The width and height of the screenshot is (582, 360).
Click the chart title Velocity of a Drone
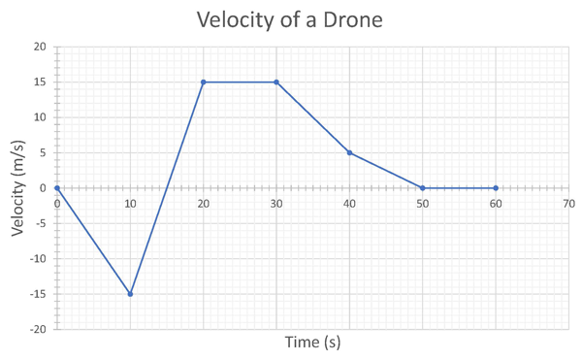tap(290, 19)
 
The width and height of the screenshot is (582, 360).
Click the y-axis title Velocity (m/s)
tap(18, 187)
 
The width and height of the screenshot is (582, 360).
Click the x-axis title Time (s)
tap(312, 342)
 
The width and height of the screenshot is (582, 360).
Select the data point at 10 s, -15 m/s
tap(130, 294)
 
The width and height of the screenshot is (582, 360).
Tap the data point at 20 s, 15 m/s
tap(204, 82)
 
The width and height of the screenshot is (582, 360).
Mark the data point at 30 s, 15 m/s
tap(276, 82)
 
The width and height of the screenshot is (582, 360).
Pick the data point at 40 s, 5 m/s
tap(349, 152)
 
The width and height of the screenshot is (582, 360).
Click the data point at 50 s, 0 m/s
tap(423, 188)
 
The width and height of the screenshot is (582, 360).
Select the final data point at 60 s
tap(496, 188)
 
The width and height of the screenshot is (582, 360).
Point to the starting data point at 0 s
tap(57, 188)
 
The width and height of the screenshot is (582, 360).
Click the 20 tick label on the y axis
tap(40, 47)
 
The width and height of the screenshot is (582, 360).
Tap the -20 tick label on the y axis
tap(37, 330)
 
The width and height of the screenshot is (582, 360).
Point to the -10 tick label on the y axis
tap(37, 259)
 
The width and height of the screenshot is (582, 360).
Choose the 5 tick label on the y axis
tap(43, 152)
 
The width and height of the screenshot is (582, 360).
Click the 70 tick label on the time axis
tap(568, 204)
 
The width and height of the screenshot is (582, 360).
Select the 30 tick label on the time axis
tap(276, 204)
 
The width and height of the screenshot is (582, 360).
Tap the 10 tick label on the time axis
tap(130, 204)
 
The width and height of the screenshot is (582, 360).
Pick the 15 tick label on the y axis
tap(40, 82)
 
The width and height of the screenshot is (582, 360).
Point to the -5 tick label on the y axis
tap(40, 223)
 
